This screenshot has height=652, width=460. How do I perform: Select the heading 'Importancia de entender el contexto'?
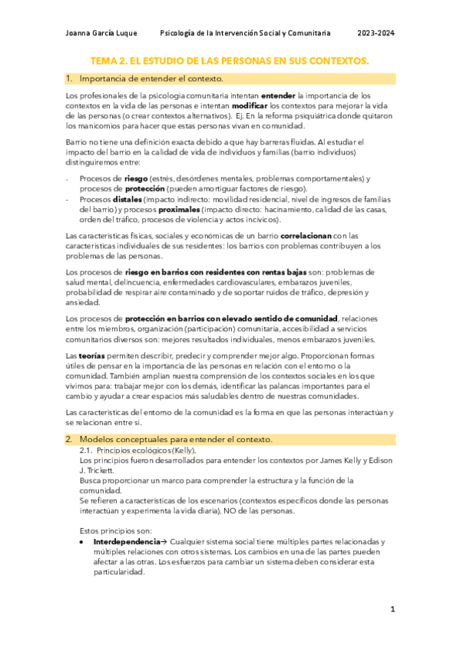(151, 78)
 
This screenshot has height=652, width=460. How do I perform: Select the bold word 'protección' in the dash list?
(144, 189)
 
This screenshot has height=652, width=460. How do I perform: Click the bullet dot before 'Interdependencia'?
(82, 541)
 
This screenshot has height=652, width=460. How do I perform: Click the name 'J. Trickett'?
(97, 470)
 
